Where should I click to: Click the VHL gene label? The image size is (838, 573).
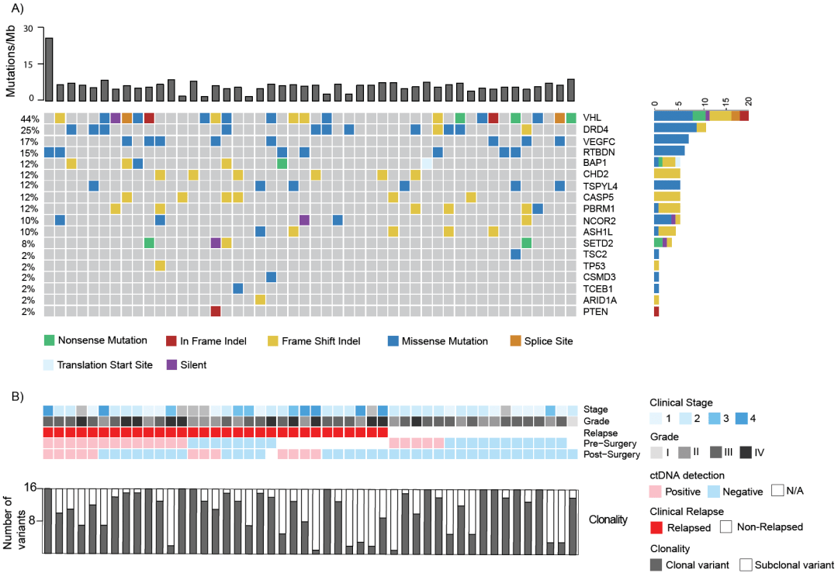(x=592, y=118)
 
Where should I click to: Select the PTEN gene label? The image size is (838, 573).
(x=594, y=312)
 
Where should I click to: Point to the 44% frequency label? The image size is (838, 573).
(x=30, y=118)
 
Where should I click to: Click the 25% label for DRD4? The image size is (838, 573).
(x=30, y=129)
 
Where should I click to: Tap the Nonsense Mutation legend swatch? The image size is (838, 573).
(x=50, y=340)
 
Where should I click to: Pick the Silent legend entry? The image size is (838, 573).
(x=172, y=364)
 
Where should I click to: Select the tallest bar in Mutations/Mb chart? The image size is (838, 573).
(x=49, y=69)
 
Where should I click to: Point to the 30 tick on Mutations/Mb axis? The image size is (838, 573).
(x=29, y=29)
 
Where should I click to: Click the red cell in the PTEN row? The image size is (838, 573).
(x=216, y=311)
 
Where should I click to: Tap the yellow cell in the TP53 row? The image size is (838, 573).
(x=160, y=266)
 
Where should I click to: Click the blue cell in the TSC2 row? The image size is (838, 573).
(x=515, y=254)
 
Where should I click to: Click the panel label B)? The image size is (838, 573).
(x=17, y=395)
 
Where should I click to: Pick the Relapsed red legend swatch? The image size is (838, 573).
(x=657, y=526)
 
